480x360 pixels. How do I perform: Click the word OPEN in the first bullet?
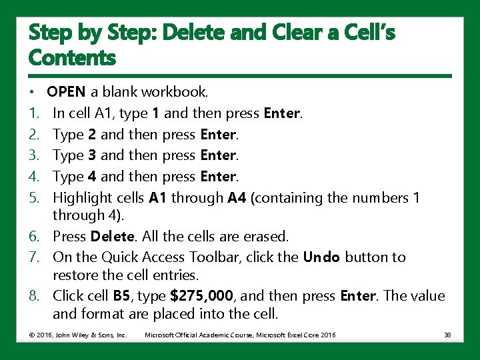click(x=67, y=91)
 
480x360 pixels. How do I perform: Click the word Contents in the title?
click(x=72, y=58)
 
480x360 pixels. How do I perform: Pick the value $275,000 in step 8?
click(x=203, y=296)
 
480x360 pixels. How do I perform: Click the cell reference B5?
click(x=121, y=296)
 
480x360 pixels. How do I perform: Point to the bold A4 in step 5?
click(x=237, y=198)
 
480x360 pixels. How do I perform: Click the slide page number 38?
click(x=447, y=335)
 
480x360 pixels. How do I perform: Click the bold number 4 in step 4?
click(x=92, y=177)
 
